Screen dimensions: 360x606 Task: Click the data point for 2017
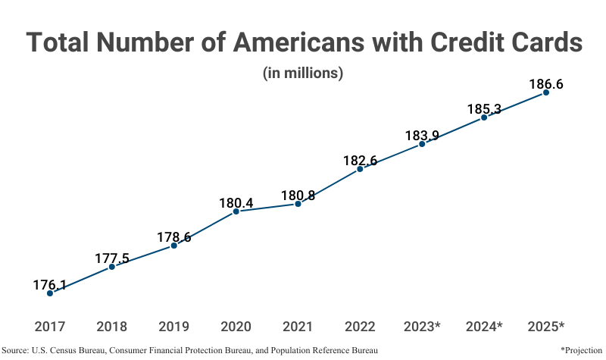[50, 293]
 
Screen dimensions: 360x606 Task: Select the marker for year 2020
[236, 211]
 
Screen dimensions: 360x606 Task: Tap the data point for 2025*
[546, 92]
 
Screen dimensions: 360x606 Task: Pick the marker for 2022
[360, 169]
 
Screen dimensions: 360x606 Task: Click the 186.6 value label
[546, 85]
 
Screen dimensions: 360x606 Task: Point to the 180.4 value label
[236, 203]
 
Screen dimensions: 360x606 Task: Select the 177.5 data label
[112, 258]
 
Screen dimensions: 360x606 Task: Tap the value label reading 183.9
[422, 136]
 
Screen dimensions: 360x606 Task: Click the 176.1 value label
[50, 285]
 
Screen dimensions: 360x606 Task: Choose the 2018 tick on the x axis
[112, 327]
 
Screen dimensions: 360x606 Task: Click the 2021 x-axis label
[298, 327]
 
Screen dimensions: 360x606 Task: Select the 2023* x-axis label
[422, 327]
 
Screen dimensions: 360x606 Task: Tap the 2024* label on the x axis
[484, 327]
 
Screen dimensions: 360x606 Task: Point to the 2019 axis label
[174, 327]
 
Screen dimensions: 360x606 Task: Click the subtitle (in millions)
[303, 74]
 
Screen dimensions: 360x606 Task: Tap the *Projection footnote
[582, 350]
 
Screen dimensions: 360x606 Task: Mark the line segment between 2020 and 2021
[267, 208]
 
